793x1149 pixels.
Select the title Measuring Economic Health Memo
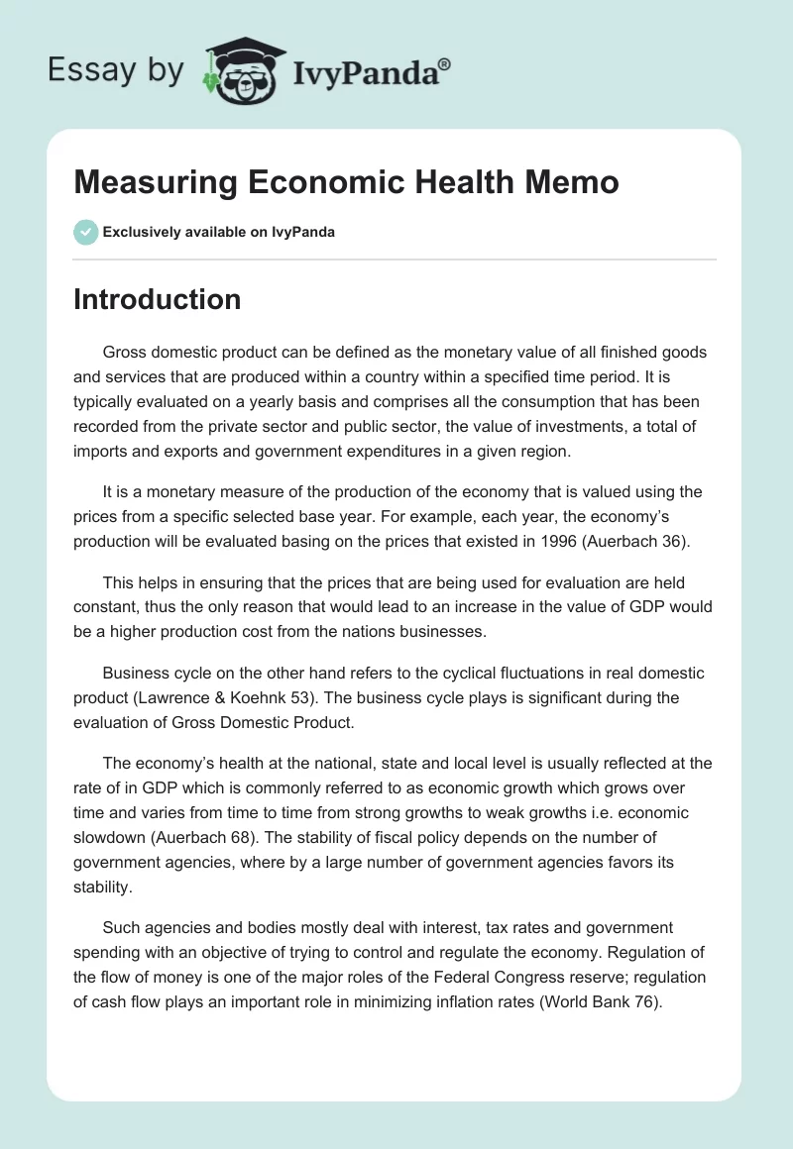point(346,182)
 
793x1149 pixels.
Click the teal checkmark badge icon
point(85,232)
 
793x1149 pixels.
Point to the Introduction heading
point(157,299)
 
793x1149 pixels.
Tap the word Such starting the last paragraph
point(121,927)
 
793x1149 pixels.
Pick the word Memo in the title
point(575,182)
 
